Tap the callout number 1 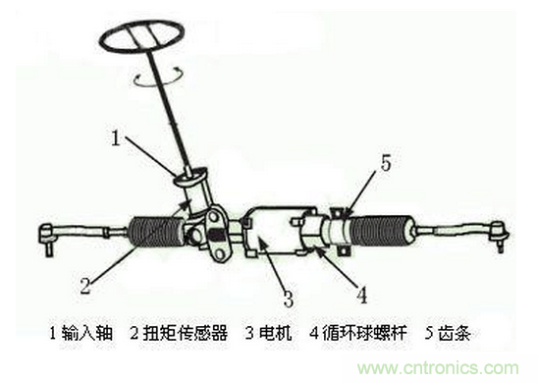[116, 139]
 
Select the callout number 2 [84, 288]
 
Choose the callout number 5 [385, 163]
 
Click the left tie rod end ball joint [47, 236]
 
